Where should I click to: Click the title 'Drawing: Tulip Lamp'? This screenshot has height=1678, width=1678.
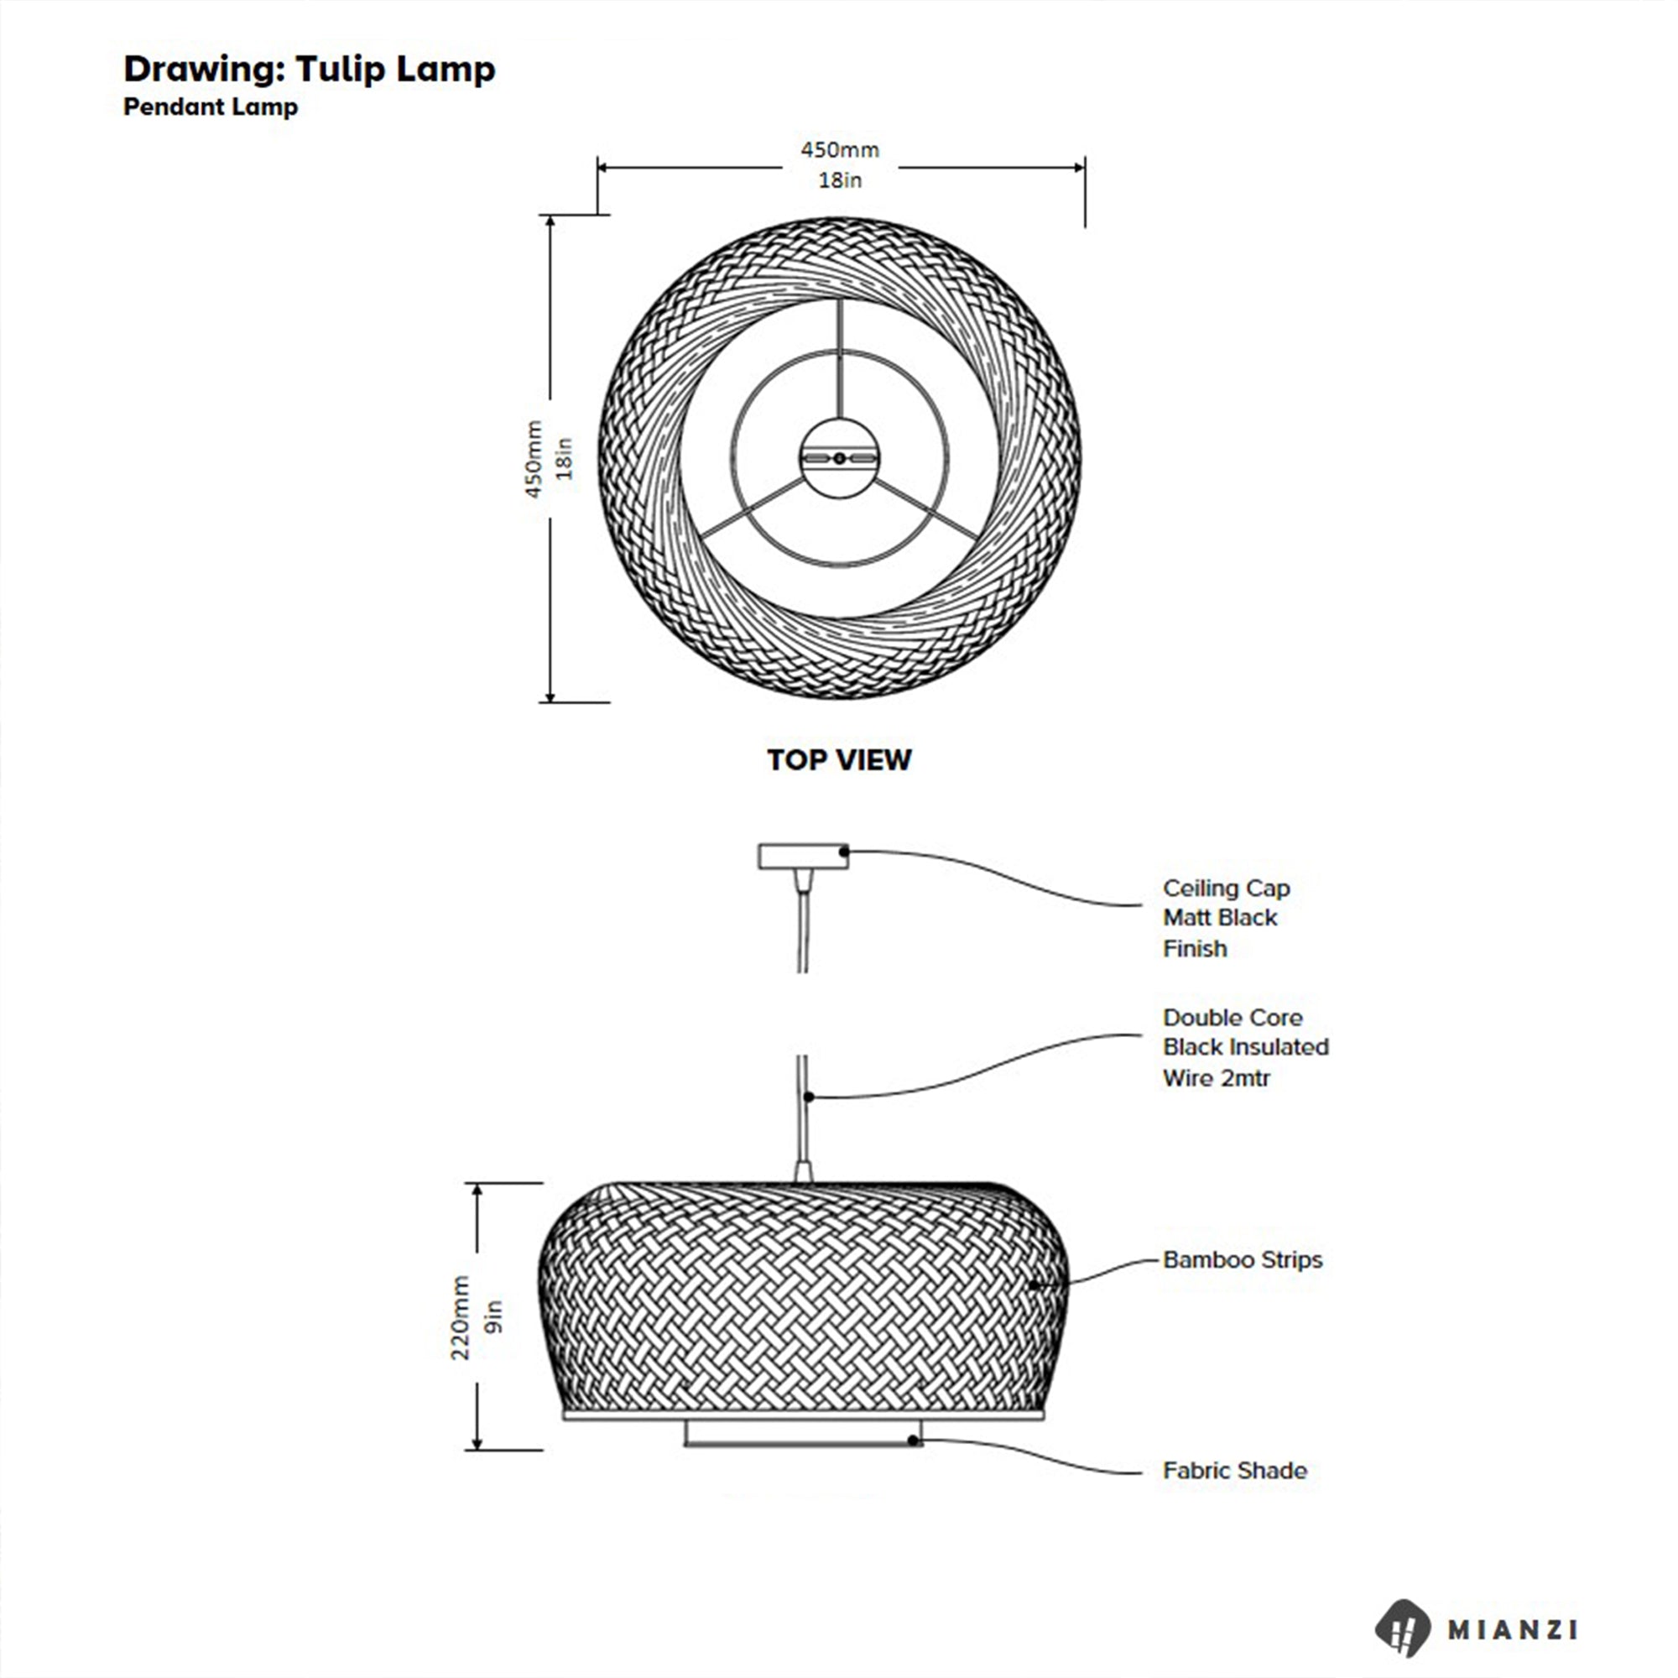pos(310,70)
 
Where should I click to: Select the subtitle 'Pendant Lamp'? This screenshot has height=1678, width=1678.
pos(211,107)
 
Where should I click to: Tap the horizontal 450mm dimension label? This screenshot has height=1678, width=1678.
pos(840,149)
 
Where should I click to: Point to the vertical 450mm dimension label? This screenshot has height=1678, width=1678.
pos(534,460)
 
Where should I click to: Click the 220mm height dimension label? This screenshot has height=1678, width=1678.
pos(461,1317)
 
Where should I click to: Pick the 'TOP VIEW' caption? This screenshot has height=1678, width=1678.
pos(839,760)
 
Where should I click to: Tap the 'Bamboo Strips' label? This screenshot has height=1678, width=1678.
pos(1242,1259)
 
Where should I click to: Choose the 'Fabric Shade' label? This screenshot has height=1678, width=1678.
pos(1234,1471)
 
